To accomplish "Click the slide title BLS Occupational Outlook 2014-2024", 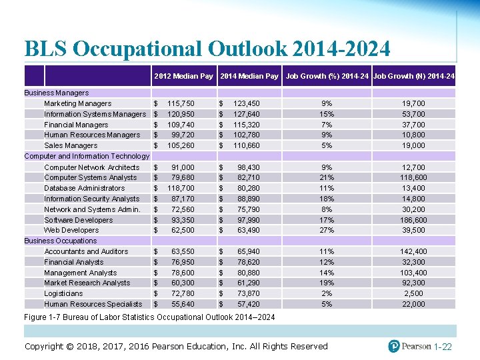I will [207, 49].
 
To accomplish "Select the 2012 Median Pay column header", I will [183, 76].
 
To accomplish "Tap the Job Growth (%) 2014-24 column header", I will [327, 76].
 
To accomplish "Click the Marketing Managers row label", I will [77, 103].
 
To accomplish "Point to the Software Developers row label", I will [78, 220].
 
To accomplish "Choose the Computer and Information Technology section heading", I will [87, 156].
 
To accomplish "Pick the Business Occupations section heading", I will [61, 241].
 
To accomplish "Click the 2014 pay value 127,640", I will [246, 114].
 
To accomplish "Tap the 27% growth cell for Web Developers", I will [326, 230].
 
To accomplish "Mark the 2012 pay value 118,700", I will [181, 188].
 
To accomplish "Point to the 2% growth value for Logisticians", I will [326, 293].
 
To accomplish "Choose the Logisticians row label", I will [64, 293].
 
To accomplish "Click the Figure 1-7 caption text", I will [149, 316].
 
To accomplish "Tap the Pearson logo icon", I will [395, 346].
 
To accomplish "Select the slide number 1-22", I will [443, 347].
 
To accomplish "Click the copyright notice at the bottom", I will [176, 346].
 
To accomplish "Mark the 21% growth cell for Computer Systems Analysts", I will [326, 177].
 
